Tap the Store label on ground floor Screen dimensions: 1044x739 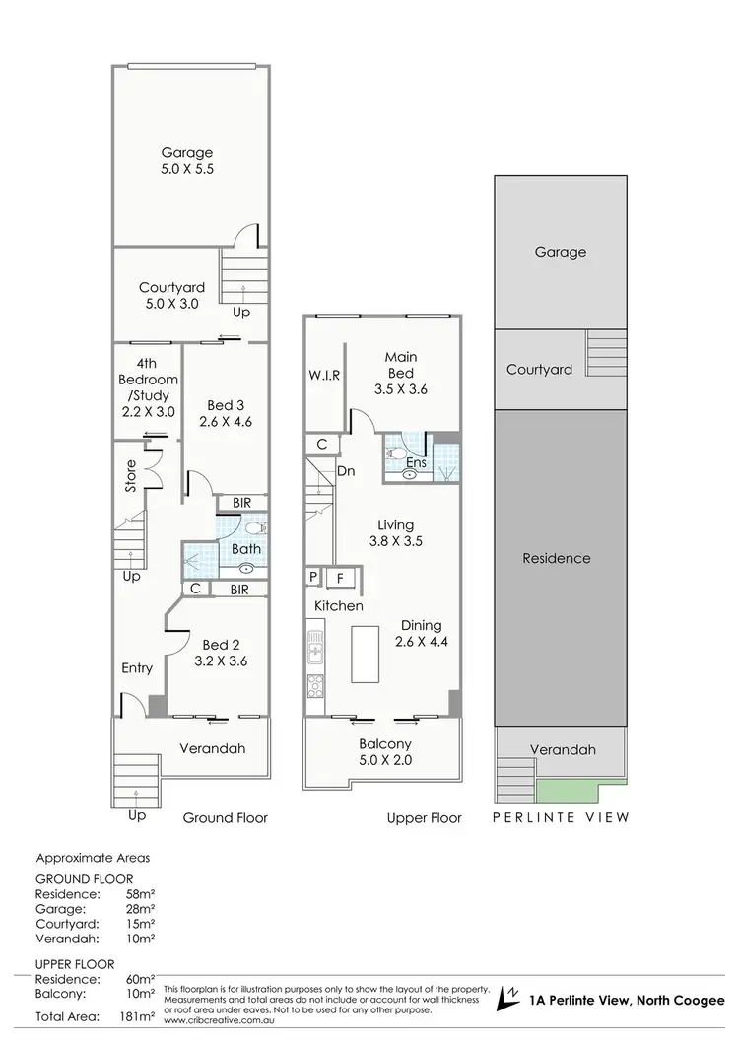[130, 478]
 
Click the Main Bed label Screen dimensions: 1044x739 [401, 365]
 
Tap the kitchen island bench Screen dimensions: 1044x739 [364, 653]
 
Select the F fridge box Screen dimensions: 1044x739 [341, 578]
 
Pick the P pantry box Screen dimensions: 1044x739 [313, 578]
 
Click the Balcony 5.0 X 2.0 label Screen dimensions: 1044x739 [384, 752]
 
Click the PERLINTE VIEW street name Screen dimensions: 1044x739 [561, 817]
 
